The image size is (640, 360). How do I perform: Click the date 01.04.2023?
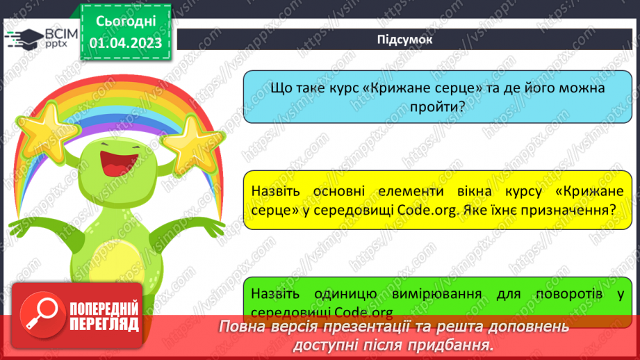(126, 43)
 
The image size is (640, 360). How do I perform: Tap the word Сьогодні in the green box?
(126, 21)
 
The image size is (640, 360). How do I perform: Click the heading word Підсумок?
(404, 40)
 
